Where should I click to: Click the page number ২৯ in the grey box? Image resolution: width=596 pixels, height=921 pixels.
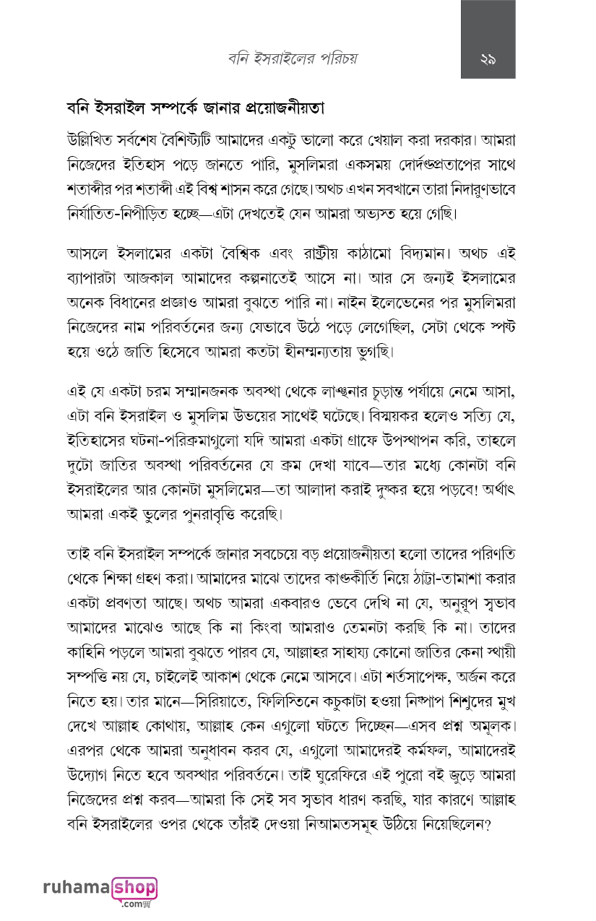pyautogui.click(x=488, y=60)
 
